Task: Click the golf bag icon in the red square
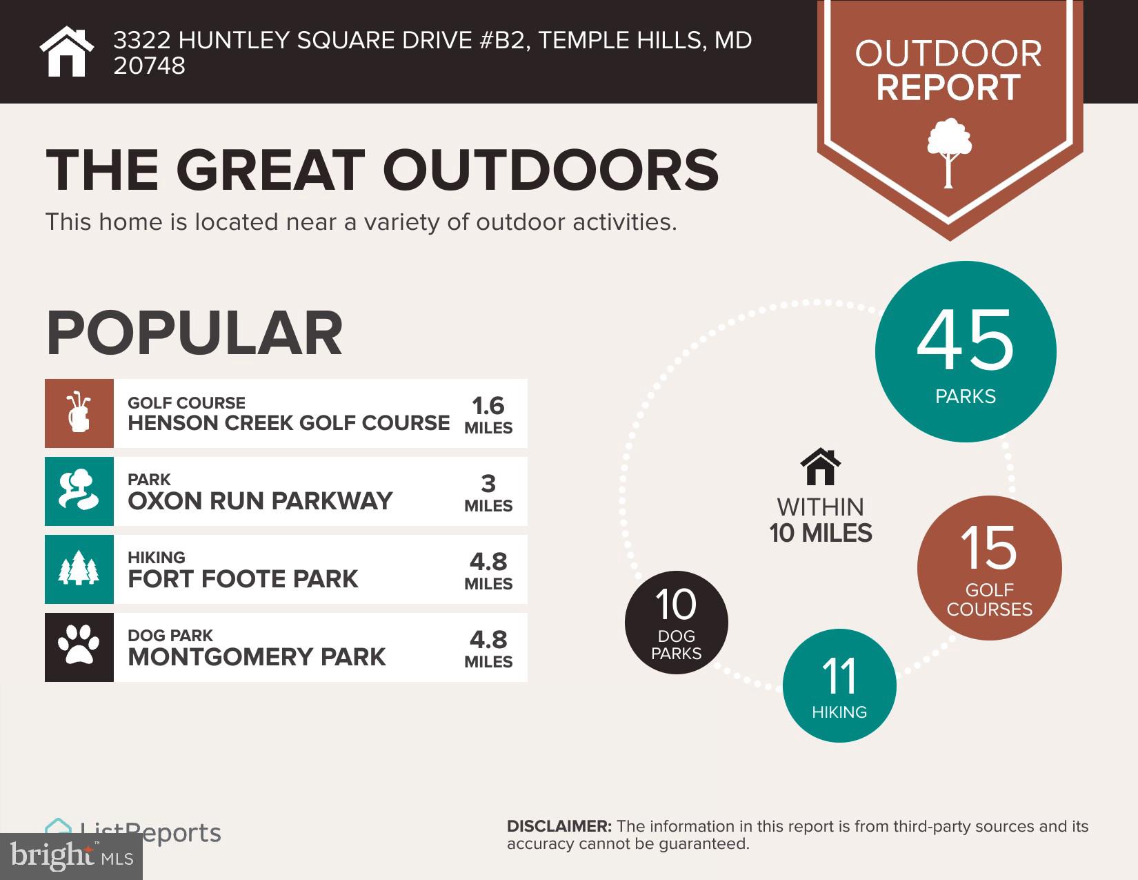tap(79, 413)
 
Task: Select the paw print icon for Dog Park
tap(79, 647)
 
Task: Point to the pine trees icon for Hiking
tap(79, 569)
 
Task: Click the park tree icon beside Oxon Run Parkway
tap(79, 491)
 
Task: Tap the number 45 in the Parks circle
tap(965, 342)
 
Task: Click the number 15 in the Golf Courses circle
tap(988, 548)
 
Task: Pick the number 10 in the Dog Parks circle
tap(676, 605)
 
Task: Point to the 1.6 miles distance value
tap(488, 406)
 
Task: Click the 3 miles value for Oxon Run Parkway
tap(488, 484)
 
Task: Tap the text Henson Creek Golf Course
tap(288, 422)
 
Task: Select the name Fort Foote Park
tap(243, 578)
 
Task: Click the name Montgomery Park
tap(257, 656)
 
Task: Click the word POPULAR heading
tap(194, 333)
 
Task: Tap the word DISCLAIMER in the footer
tap(559, 826)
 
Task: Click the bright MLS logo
tap(71, 857)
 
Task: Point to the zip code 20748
tap(149, 66)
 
